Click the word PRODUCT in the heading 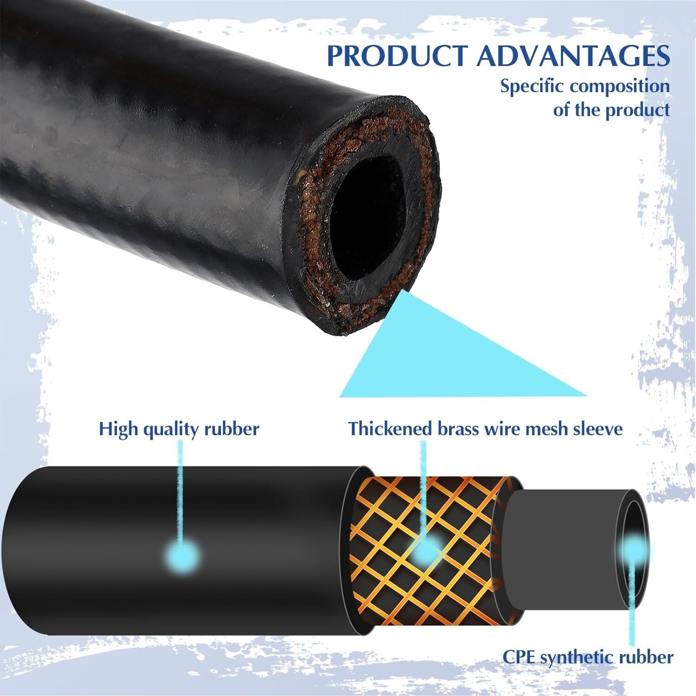[x=397, y=56]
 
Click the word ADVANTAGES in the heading [x=574, y=56]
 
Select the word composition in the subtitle [x=620, y=87]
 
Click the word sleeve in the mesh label [x=598, y=428]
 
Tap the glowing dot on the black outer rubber [x=181, y=555]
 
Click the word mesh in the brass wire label [x=546, y=428]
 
